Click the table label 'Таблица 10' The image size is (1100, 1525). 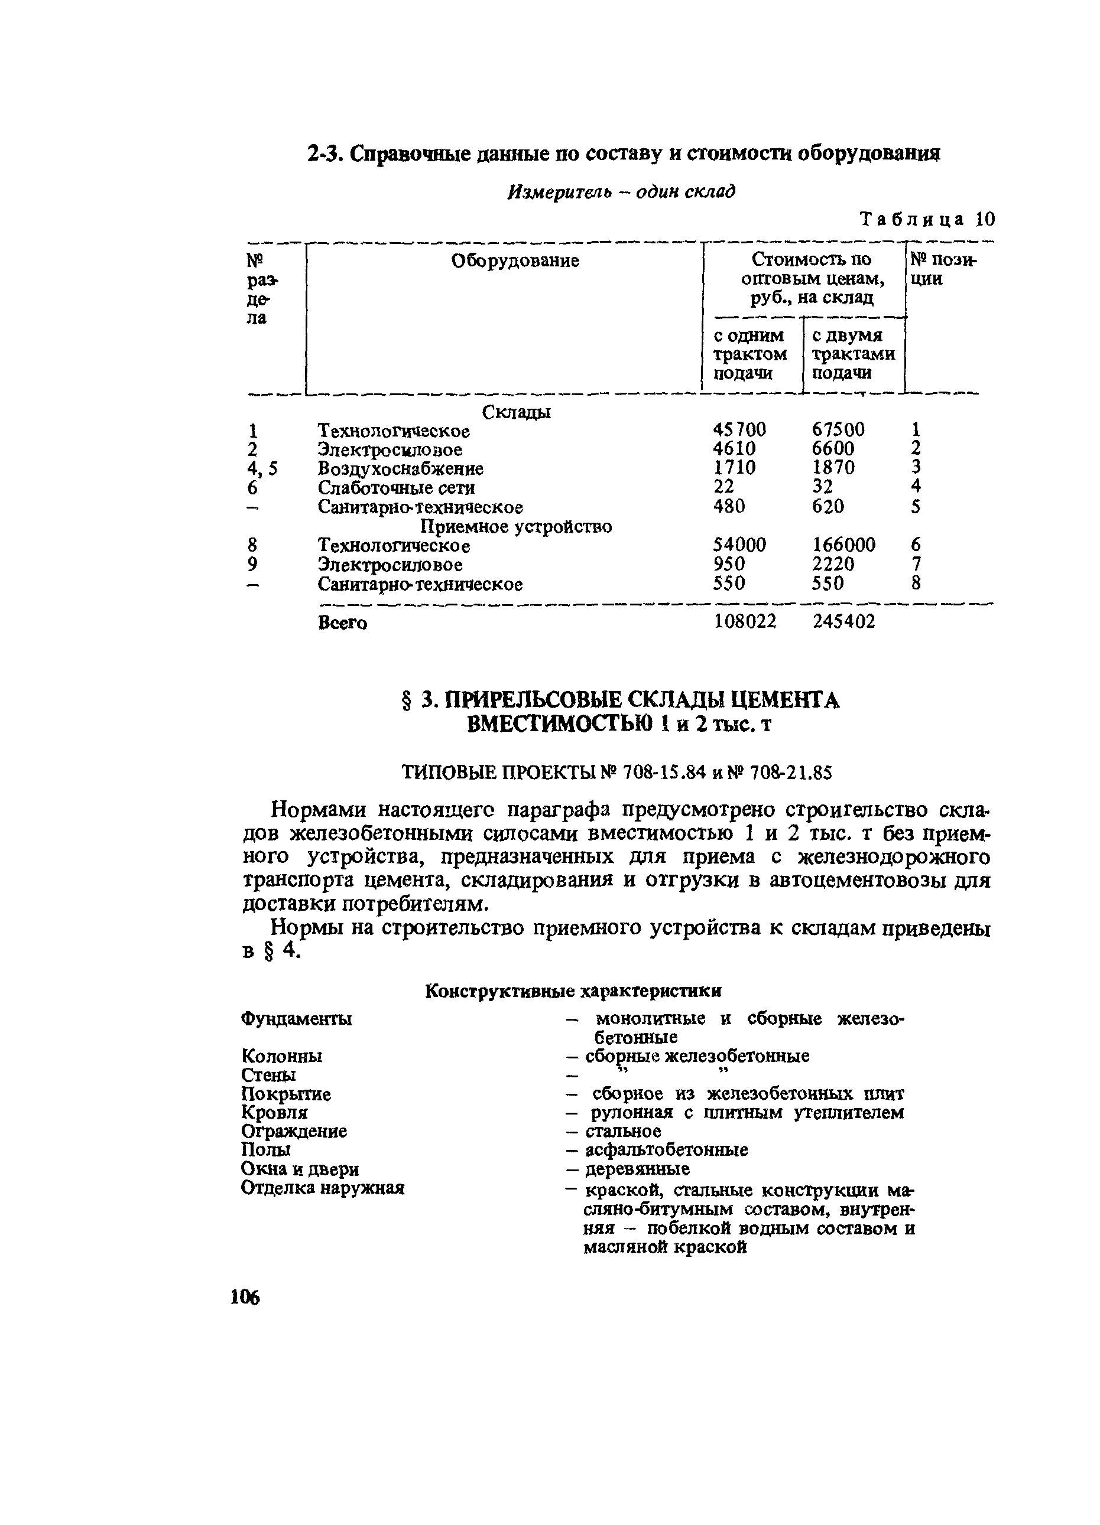pos(927,219)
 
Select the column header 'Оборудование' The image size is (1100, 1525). pos(515,260)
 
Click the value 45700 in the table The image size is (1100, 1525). pos(739,429)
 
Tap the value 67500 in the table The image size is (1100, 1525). pos(838,429)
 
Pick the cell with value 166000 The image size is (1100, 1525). pos(843,545)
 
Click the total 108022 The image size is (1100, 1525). pos(744,622)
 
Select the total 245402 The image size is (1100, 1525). pos(843,622)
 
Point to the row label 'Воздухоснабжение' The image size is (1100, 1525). pos(400,468)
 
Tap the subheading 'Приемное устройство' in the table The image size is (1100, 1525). pos(516,526)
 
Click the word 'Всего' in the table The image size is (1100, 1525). pos(342,623)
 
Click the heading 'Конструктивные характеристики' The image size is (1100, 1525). pos(573,991)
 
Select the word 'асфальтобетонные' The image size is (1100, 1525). pos(667,1150)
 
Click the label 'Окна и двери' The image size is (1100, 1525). pos(300,1169)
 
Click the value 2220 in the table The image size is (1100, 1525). pos(833,564)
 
